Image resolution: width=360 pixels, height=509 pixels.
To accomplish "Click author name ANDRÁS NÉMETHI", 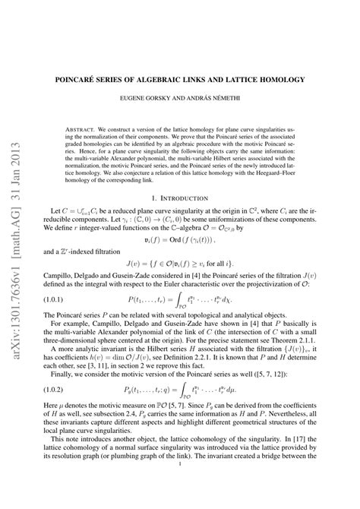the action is (220, 99).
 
